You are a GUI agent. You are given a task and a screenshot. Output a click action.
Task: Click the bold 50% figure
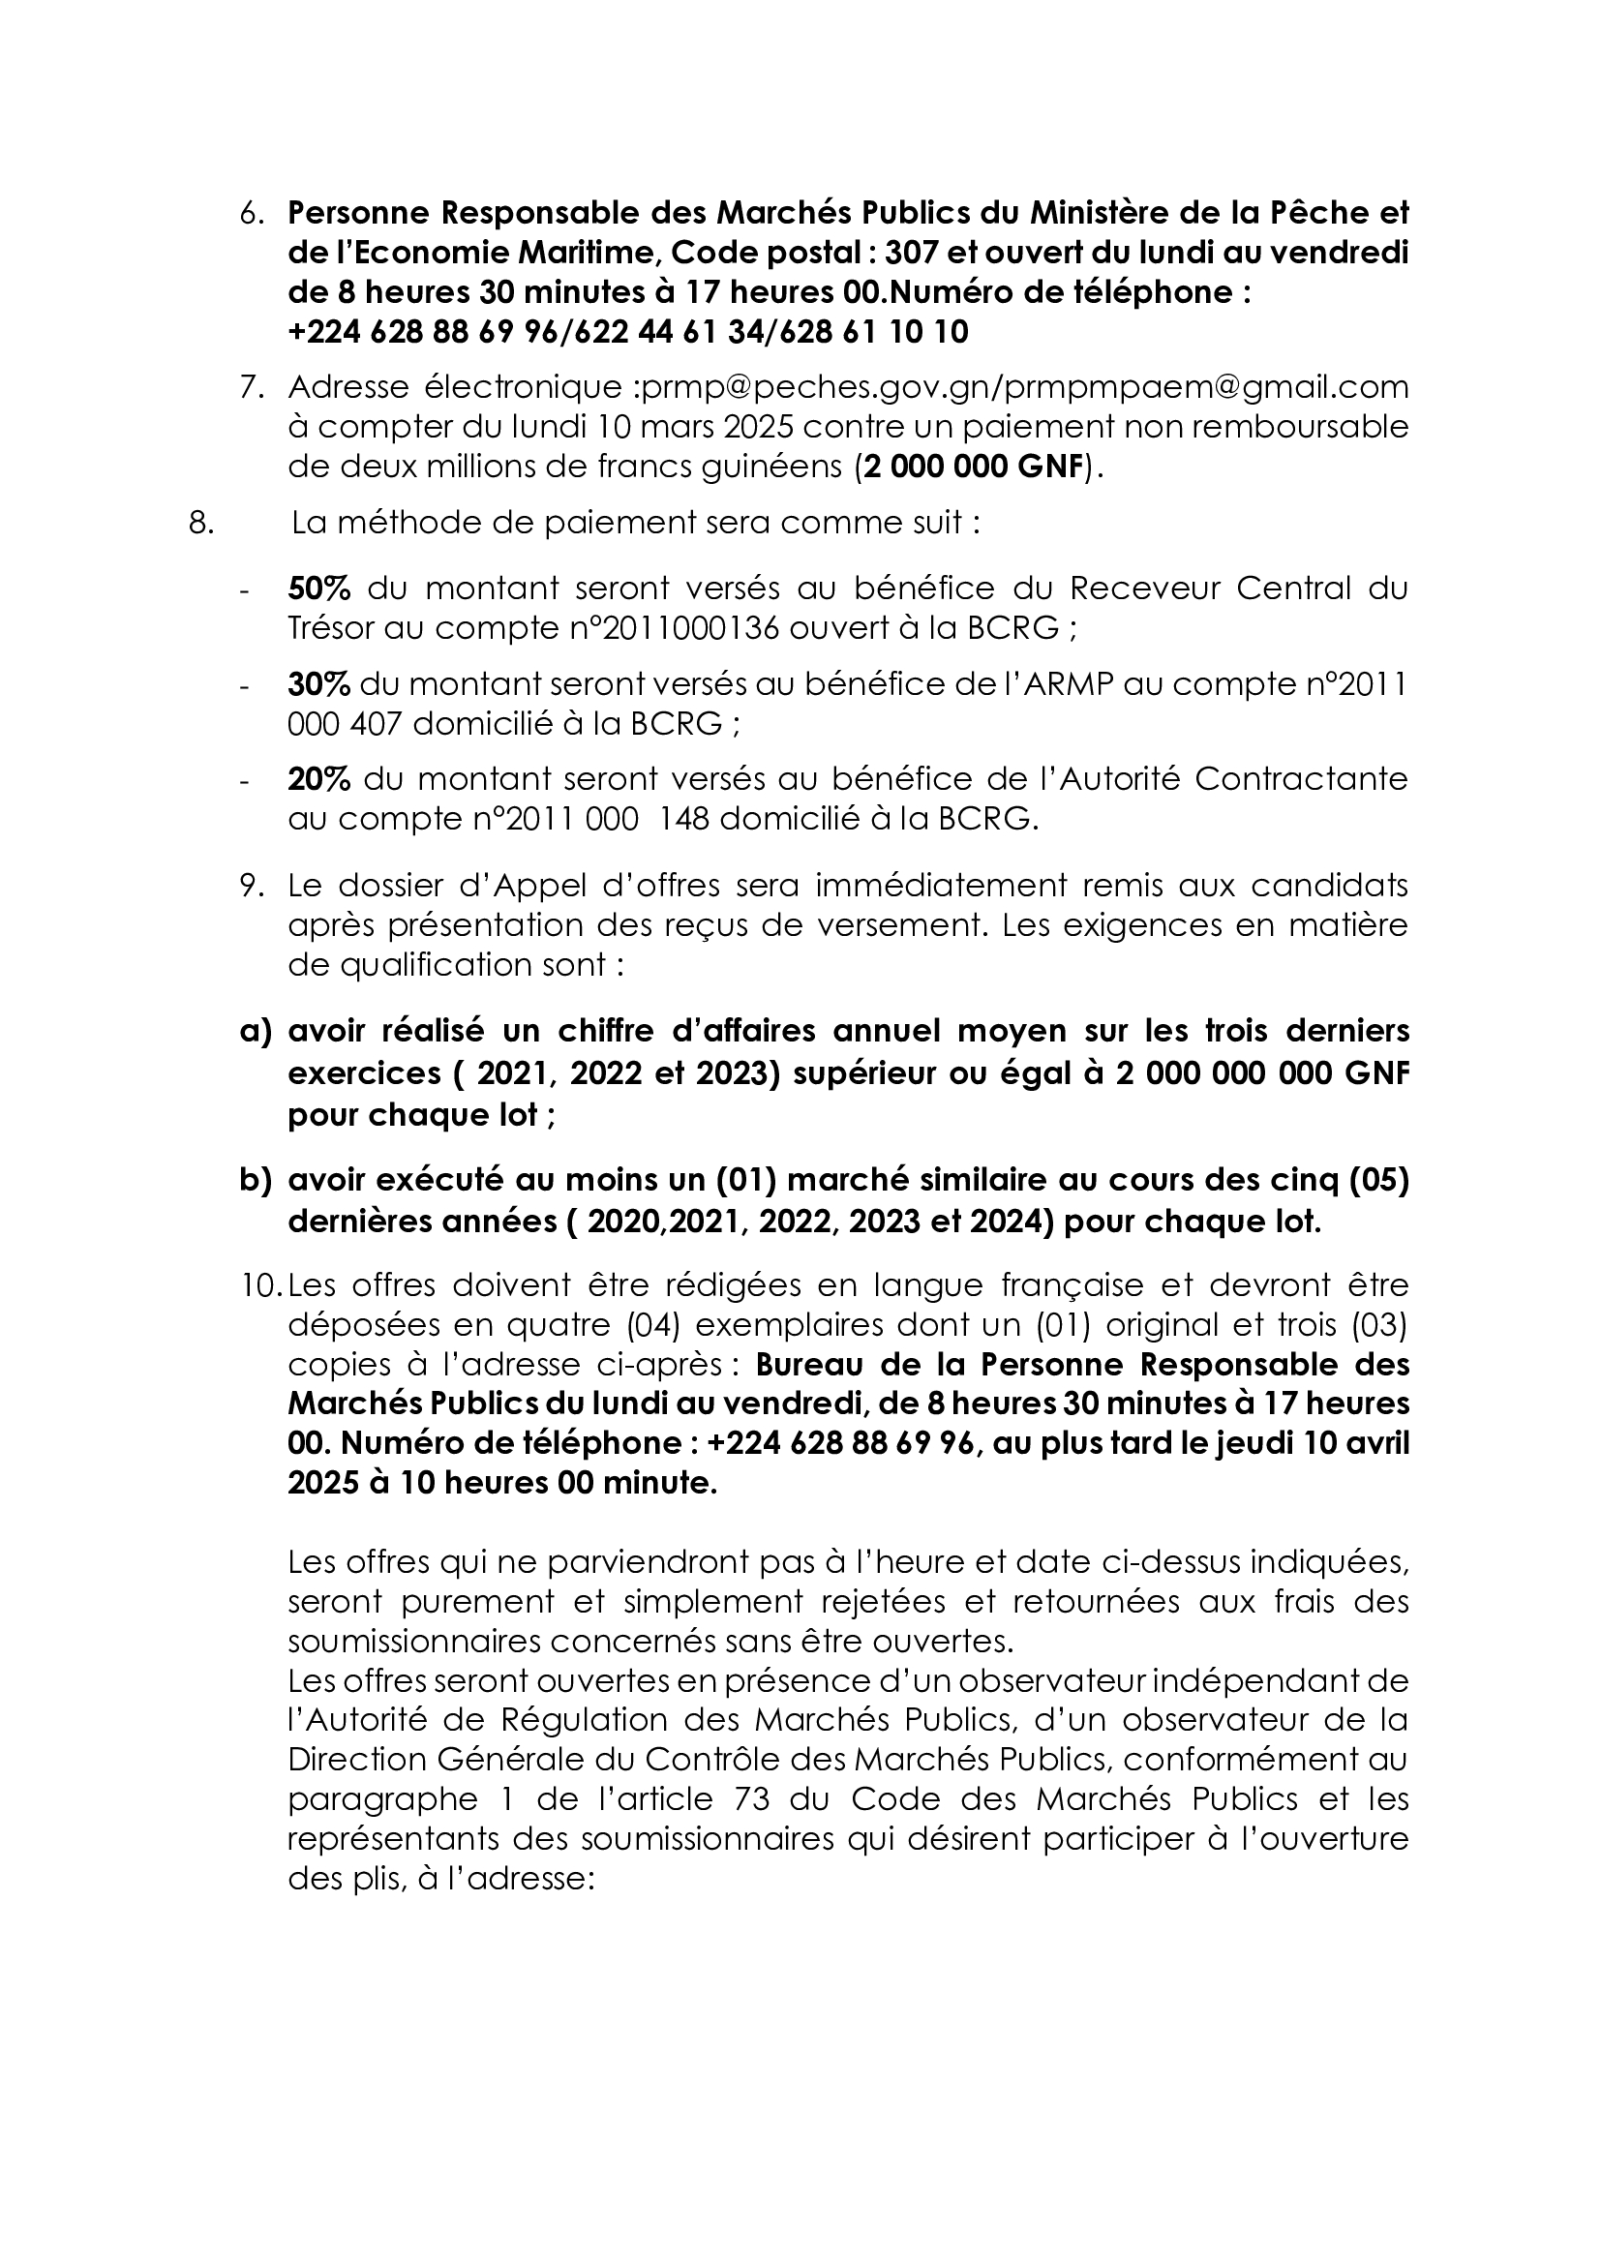318,589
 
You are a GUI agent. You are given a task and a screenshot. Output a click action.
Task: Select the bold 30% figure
318,684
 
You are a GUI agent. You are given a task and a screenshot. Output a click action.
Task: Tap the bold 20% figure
318,780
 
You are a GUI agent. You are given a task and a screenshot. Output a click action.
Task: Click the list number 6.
252,213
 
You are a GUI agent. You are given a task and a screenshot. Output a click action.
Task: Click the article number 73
753,1799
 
